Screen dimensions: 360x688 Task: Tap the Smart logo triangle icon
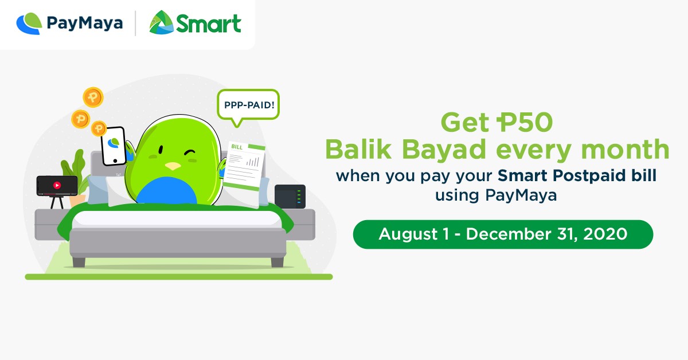point(161,24)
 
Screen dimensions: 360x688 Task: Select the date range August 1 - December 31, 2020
point(503,234)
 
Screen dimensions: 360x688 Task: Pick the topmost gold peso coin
point(92,97)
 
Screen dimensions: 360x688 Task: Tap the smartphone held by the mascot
point(114,145)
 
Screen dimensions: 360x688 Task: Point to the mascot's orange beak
point(171,166)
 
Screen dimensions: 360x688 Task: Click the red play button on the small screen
point(57,185)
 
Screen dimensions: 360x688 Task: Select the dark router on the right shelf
point(290,197)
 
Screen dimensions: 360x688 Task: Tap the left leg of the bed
point(79,262)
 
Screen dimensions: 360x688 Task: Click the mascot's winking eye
point(190,153)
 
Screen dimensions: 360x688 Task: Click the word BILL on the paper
point(236,147)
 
